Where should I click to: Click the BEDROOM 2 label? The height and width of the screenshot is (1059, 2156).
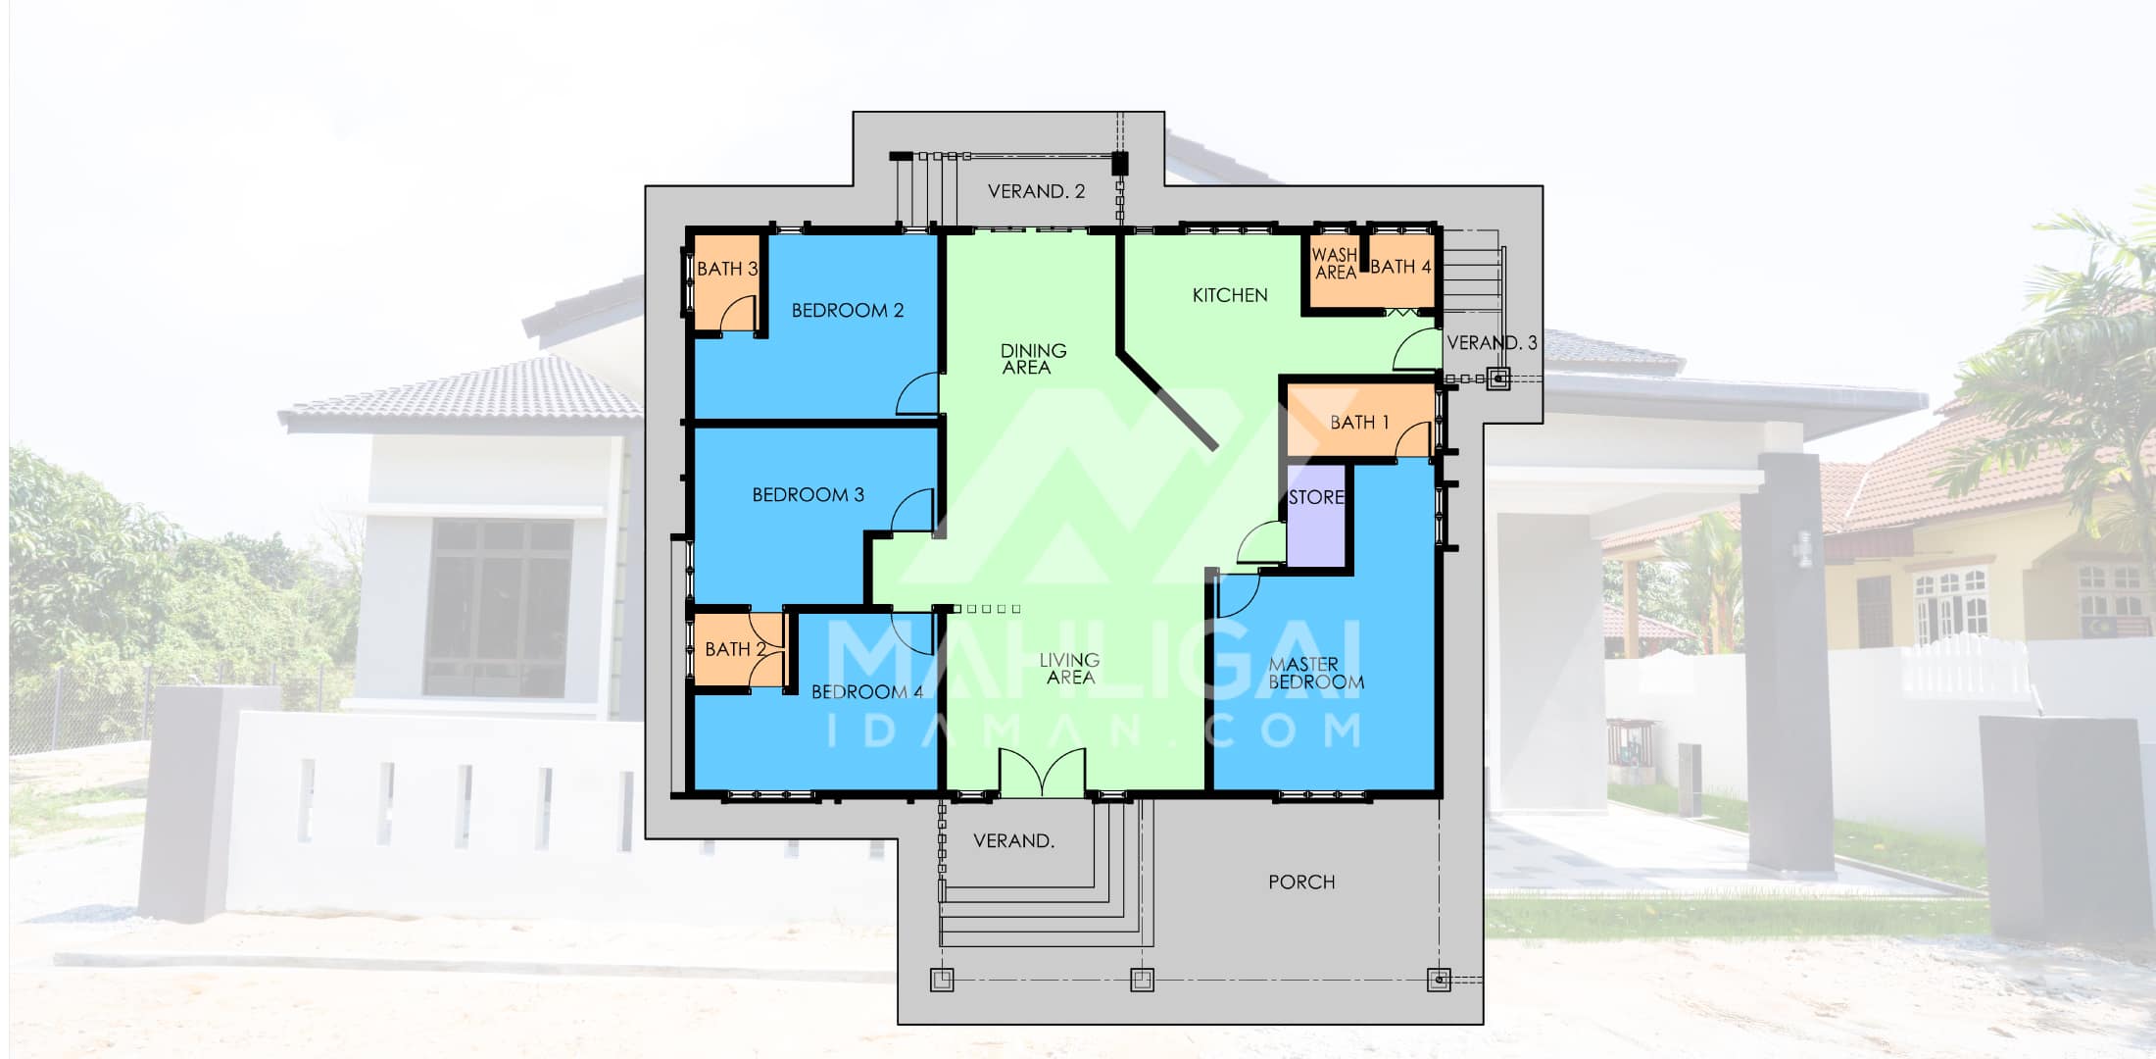(x=848, y=311)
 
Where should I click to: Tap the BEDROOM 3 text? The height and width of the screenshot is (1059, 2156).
(x=808, y=495)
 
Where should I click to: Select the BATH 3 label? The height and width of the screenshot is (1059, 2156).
(x=727, y=269)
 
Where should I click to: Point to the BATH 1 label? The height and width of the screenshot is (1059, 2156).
(x=1359, y=423)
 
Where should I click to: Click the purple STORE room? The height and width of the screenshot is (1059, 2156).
(x=1316, y=515)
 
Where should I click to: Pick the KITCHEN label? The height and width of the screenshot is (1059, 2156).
(x=1230, y=295)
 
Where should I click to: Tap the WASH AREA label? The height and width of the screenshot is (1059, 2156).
(x=1335, y=264)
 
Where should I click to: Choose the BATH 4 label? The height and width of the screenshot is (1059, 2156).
(x=1400, y=267)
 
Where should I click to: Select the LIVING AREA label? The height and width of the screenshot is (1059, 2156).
(x=1069, y=669)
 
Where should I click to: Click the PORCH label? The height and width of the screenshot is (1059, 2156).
(x=1301, y=882)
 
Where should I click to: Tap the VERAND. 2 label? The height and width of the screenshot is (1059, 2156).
(x=1036, y=192)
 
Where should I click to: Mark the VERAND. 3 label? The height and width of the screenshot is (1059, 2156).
(x=1492, y=343)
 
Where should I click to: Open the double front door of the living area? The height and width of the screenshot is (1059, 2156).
(x=1043, y=772)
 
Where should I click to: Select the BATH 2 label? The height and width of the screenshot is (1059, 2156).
(x=735, y=649)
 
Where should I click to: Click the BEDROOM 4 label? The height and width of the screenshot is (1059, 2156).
(x=867, y=692)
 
